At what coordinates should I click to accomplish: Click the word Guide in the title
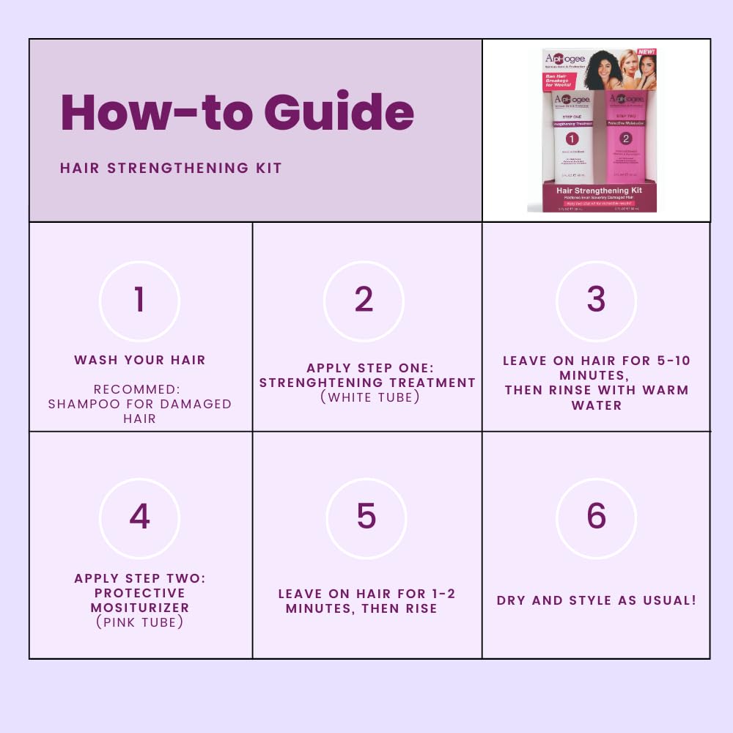(339, 112)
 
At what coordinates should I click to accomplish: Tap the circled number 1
(139, 301)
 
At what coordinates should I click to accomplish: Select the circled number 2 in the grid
(364, 301)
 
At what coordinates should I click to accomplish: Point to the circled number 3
(596, 301)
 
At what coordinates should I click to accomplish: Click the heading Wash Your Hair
(139, 360)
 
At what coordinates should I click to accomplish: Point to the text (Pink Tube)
(139, 622)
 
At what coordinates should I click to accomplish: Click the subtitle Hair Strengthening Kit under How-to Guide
(171, 168)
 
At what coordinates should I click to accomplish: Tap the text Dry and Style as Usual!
(596, 600)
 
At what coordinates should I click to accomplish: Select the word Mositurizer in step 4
(139, 608)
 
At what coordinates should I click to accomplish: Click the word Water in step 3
(596, 405)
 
